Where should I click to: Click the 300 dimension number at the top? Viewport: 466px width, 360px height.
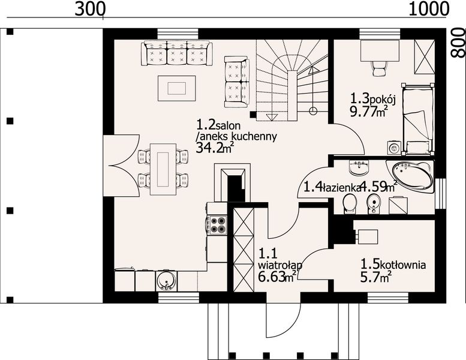(x=90, y=9)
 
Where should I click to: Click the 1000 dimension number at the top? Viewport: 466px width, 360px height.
(x=429, y=9)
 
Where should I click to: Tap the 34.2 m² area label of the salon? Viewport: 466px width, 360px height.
(x=214, y=147)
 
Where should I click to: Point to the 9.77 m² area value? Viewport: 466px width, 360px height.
(x=368, y=112)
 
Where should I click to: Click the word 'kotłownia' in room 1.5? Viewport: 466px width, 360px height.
(x=402, y=264)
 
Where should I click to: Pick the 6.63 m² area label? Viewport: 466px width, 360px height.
(x=277, y=277)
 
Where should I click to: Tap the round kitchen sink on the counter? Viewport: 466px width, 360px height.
(x=166, y=280)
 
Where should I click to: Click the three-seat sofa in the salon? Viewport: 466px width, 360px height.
(x=177, y=53)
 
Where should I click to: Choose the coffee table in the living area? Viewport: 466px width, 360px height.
(x=177, y=88)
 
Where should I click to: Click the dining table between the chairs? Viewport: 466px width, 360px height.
(x=163, y=169)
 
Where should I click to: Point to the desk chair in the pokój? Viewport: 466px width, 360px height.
(x=379, y=68)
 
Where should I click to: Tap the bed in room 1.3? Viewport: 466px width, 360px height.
(x=418, y=119)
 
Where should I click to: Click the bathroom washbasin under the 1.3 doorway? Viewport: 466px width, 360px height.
(x=359, y=167)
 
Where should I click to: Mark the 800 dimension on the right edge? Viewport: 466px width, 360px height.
(x=458, y=43)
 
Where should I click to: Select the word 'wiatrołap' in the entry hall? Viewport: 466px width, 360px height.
(x=280, y=265)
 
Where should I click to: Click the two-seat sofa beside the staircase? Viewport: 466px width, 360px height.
(x=236, y=82)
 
